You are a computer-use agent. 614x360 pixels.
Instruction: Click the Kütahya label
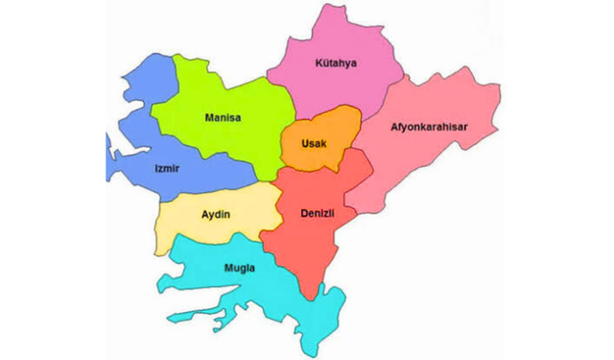[335, 64]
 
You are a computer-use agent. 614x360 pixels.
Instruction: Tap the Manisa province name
[223, 119]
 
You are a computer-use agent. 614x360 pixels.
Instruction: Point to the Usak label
[315, 143]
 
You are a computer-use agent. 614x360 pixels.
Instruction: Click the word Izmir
[167, 169]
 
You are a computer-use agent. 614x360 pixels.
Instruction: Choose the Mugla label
[240, 268]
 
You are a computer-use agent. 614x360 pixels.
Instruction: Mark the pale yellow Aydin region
[192, 226]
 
